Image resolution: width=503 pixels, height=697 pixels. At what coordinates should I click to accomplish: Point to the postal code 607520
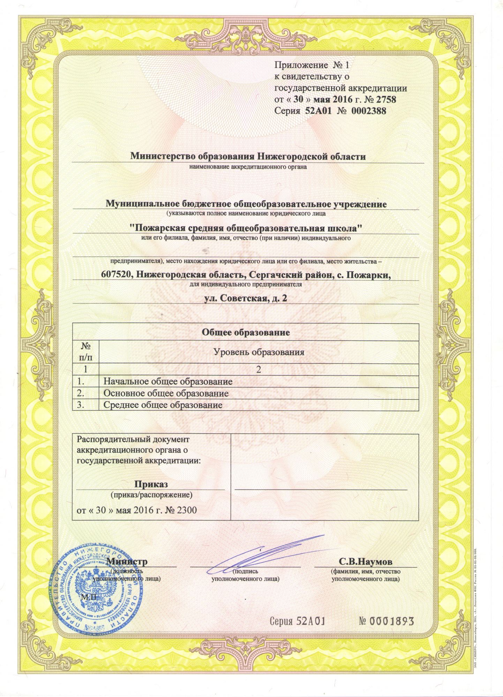117,275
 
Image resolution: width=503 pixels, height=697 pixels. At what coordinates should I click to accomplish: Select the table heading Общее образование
246,332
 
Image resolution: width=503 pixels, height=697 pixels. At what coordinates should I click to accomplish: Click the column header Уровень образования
258,352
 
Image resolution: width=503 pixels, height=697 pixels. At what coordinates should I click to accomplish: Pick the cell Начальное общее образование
168,381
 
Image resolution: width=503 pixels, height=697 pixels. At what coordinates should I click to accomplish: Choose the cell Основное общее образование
166,393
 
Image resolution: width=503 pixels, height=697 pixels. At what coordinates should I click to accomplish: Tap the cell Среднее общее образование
163,405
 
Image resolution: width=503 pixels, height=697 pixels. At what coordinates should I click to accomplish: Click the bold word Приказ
151,484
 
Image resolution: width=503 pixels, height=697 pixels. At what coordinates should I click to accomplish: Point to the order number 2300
187,510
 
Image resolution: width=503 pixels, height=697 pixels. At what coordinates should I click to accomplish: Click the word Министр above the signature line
127,561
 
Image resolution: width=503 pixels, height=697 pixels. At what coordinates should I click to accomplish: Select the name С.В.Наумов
366,562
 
